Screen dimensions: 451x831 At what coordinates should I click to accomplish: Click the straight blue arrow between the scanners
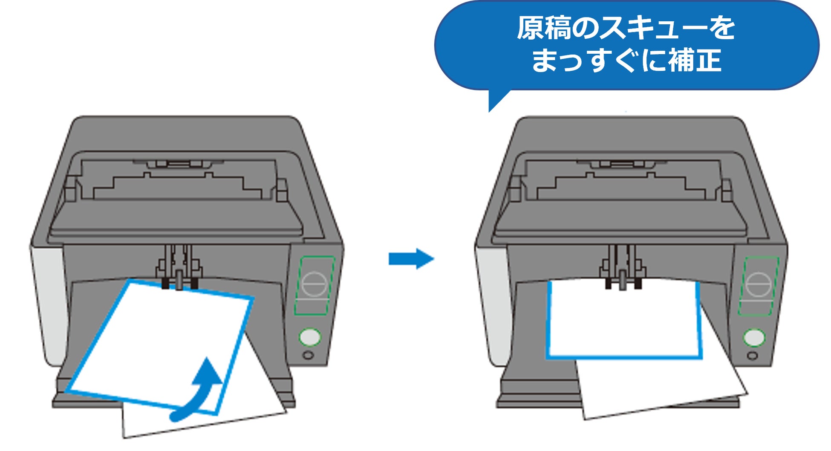pos(410,259)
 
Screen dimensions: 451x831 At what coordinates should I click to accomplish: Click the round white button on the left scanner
pos(310,337)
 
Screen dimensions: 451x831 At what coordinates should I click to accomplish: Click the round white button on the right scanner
pos(754,338)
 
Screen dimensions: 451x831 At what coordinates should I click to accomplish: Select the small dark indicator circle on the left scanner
pos(308,355)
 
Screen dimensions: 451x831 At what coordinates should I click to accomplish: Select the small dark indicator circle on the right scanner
pos(752,356)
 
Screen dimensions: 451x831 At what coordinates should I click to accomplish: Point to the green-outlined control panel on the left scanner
pos(315,285)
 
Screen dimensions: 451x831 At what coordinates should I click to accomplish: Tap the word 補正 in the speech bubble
pos(695,60)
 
